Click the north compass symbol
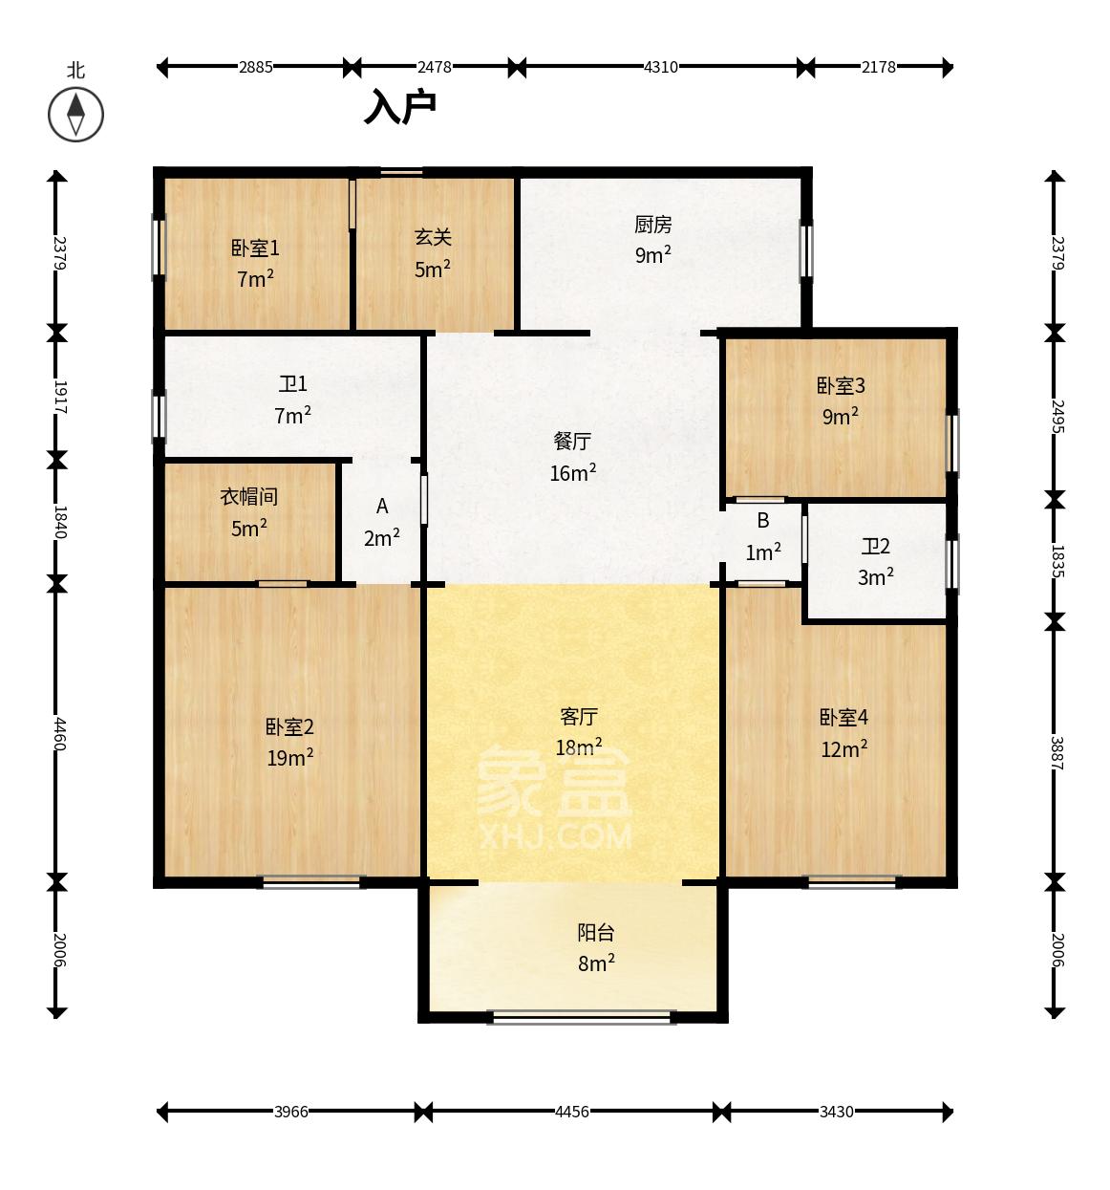[75, 114]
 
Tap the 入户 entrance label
[399, 107]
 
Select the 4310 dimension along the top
[660, 67]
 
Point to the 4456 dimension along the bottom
[571, 1113]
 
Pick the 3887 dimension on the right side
[1057, 753]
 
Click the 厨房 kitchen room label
[653, 225]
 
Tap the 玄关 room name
[433, 238]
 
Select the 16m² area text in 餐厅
[572, 473]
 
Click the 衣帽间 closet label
[248, 497]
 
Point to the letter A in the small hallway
[382, 507]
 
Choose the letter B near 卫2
[762, 520]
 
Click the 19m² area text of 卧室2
[290, 757]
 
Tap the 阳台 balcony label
[596, 933]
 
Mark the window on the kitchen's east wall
[807, 250]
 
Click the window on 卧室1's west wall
[159, 247]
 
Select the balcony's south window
[581, 1016]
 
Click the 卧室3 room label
[841, 386]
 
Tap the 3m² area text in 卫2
[875, 577]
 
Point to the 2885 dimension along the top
[256, 67]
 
